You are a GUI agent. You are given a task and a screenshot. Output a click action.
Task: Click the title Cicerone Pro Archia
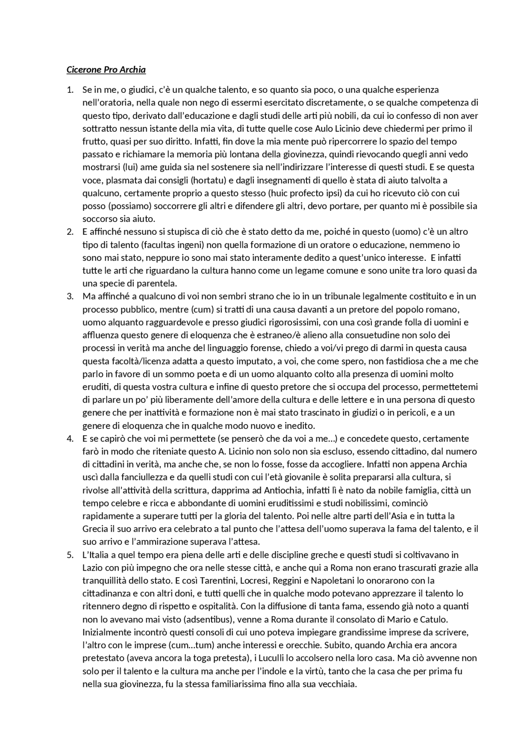click(x=106, y=70)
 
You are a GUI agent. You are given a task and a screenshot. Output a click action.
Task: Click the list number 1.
click(x=70, y=90)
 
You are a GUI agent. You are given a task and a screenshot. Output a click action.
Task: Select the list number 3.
click(x=70, y=297)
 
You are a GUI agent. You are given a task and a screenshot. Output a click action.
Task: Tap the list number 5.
click(x=70, y=555)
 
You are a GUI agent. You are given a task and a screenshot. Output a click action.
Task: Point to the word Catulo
click(x=435, y=620)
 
